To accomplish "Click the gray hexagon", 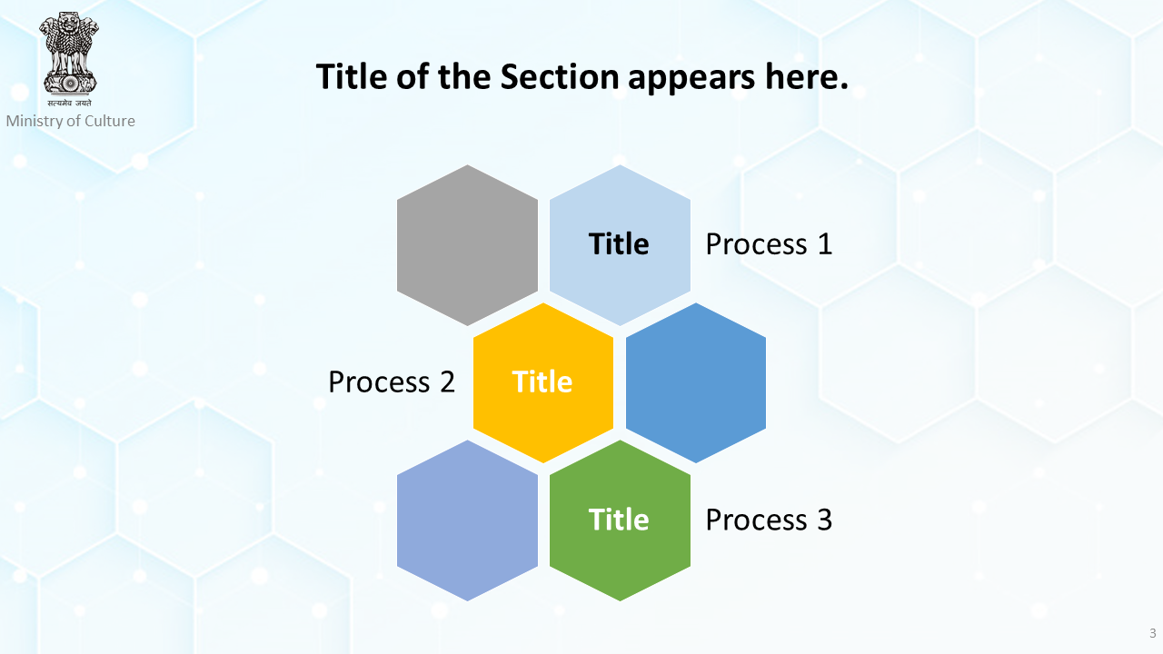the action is click(x=467, y=245).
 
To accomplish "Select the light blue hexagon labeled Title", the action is click(x=620, y=245).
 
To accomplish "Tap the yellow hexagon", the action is click(x=543, y=382).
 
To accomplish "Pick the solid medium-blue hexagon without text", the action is click(x=696, y=382).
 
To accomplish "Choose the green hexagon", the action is click(x=620, y=520).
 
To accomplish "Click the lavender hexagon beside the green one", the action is click(x=467, y=520).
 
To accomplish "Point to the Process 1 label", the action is click(x=769, y=244).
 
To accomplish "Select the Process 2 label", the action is click(x=392, y=382).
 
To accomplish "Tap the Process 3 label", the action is click(x=769, y=520).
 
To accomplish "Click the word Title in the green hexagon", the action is click(x=619, y=520).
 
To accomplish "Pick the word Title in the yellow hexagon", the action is click(x=542, y=382).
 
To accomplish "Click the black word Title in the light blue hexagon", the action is click(x=619, y=244).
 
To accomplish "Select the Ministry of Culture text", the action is click(x=71, y=121).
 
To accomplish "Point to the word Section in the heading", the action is click(x=560, y=77).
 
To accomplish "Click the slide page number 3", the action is click(x=1153, y=633).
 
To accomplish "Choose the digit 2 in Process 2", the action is click(x=448, y=382).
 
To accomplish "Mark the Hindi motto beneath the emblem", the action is click(x=70, y=103).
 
